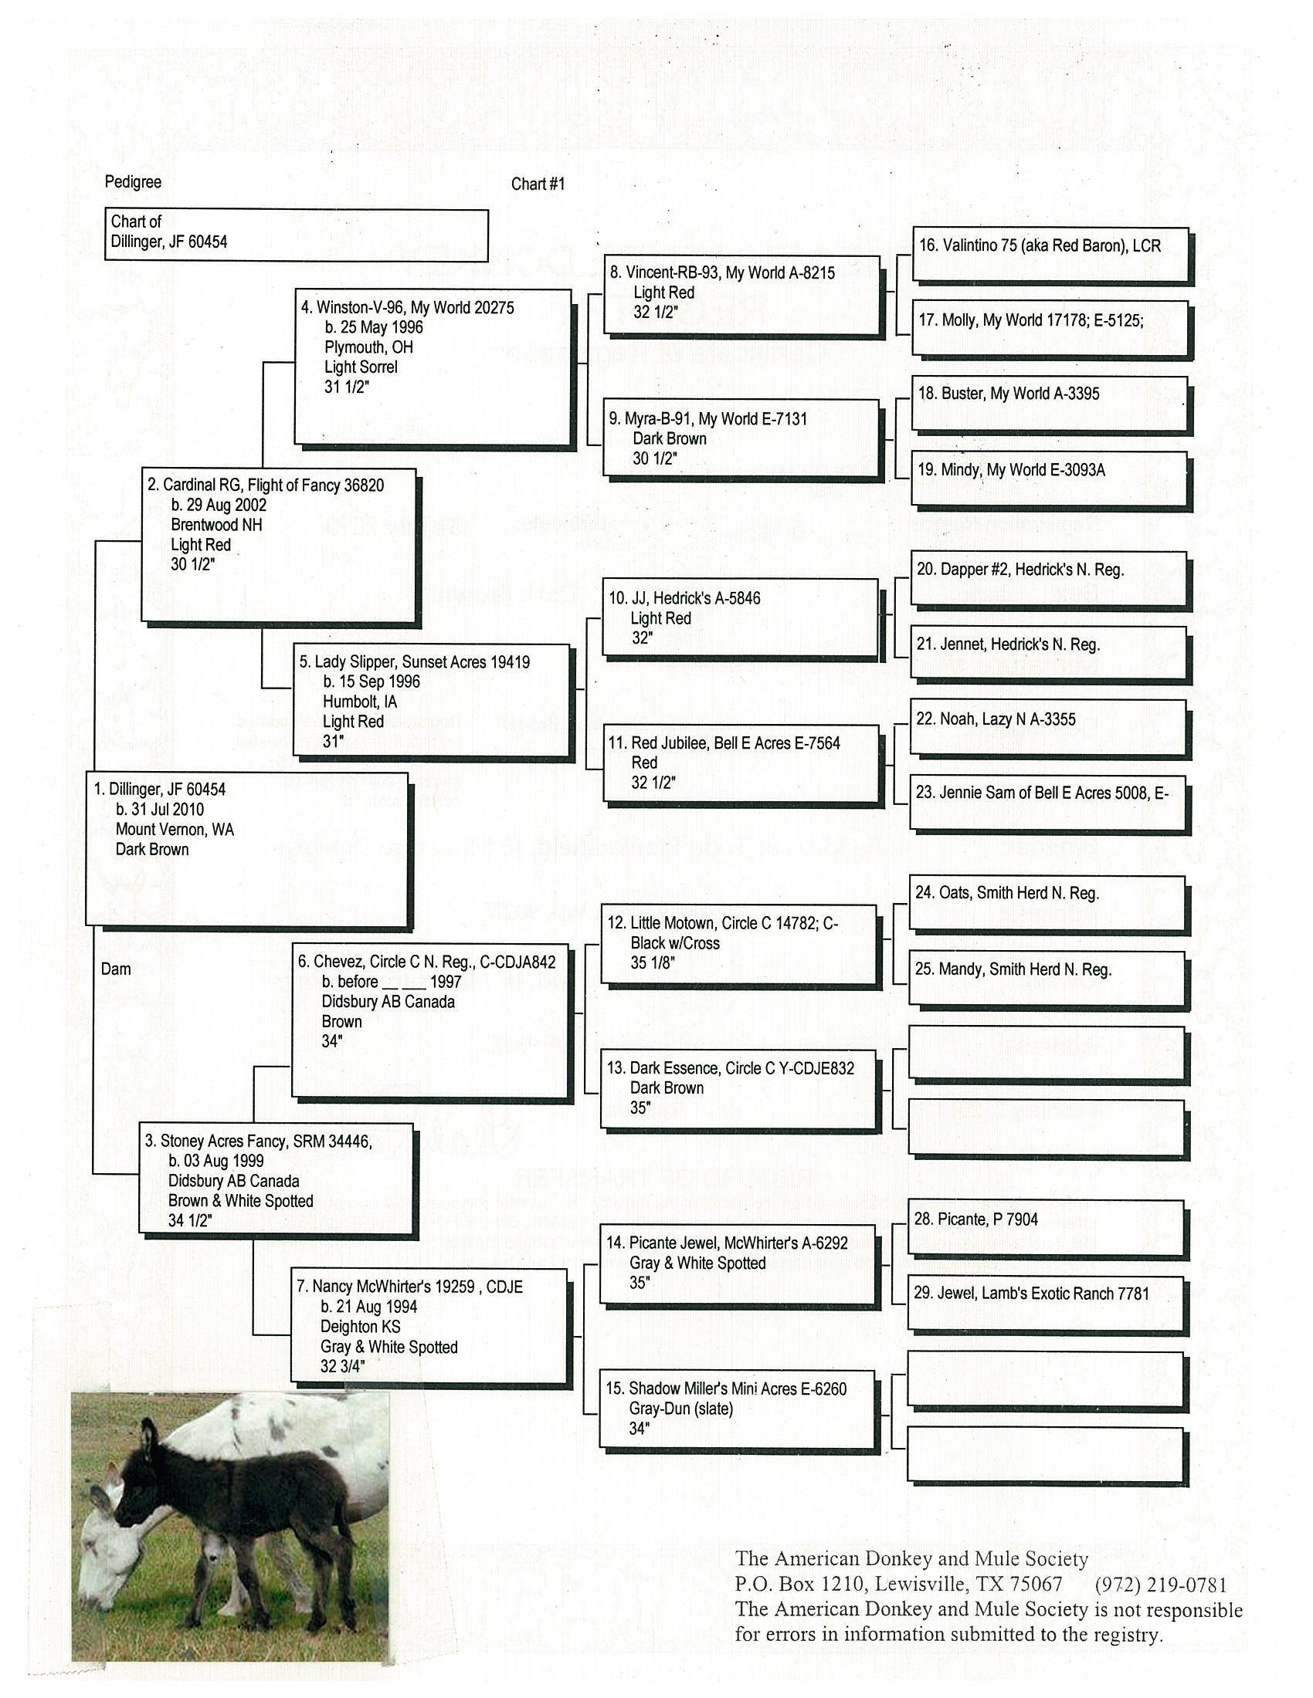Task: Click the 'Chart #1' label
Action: (538, 184)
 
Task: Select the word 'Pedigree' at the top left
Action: (133, 182)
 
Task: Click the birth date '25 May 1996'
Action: (374, 327)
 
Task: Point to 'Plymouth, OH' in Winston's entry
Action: (368, 347)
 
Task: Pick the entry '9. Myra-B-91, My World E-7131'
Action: (707, 419)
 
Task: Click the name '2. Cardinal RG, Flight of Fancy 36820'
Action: (265, 485)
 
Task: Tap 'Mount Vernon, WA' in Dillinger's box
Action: (175, 830)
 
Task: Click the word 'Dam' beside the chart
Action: (116, 969)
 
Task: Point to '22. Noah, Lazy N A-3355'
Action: (996, 719)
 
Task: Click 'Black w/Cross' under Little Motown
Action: (675, 943)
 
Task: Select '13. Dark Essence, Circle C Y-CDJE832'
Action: (731, 1068)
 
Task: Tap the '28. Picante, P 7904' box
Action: (975, 1219)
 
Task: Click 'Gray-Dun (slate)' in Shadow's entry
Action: (681, 1408)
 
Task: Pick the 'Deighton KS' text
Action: (360, 1326)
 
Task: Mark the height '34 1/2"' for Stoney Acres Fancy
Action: (190, 1221)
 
